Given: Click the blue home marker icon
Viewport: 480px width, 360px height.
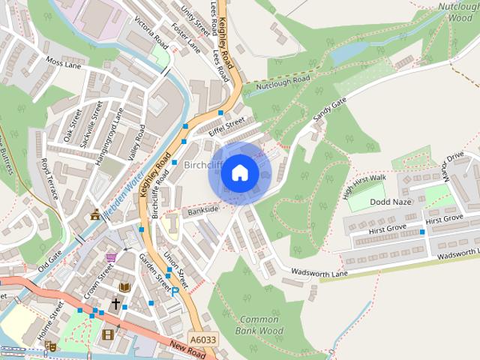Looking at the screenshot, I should point(239,173).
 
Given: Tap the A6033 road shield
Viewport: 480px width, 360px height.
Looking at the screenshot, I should point(202,339).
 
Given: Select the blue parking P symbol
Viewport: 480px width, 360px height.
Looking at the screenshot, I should point(175,291).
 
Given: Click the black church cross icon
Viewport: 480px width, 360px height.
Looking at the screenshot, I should point(115,304).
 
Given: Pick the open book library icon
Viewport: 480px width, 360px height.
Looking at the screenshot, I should point(124,287).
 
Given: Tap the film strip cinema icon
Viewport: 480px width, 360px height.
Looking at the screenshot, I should point(108,334).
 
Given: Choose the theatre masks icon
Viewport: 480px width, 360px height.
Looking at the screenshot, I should point(50,346).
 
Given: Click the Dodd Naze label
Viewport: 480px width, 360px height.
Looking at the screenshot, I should point(390,202).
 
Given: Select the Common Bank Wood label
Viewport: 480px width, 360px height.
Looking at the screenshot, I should point(259,325).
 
